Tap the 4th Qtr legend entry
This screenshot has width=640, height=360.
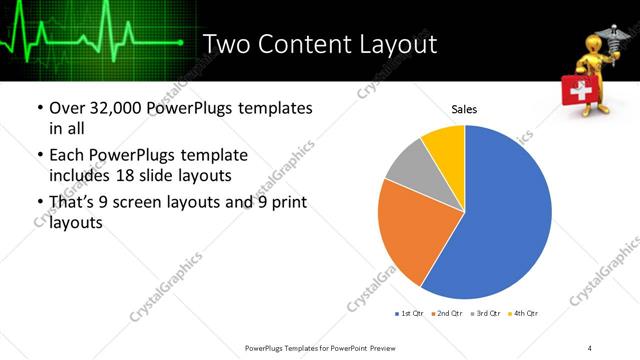[525, 314]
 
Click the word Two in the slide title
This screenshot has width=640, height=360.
[226, 44]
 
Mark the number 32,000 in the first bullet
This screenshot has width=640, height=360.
[123, 108]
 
